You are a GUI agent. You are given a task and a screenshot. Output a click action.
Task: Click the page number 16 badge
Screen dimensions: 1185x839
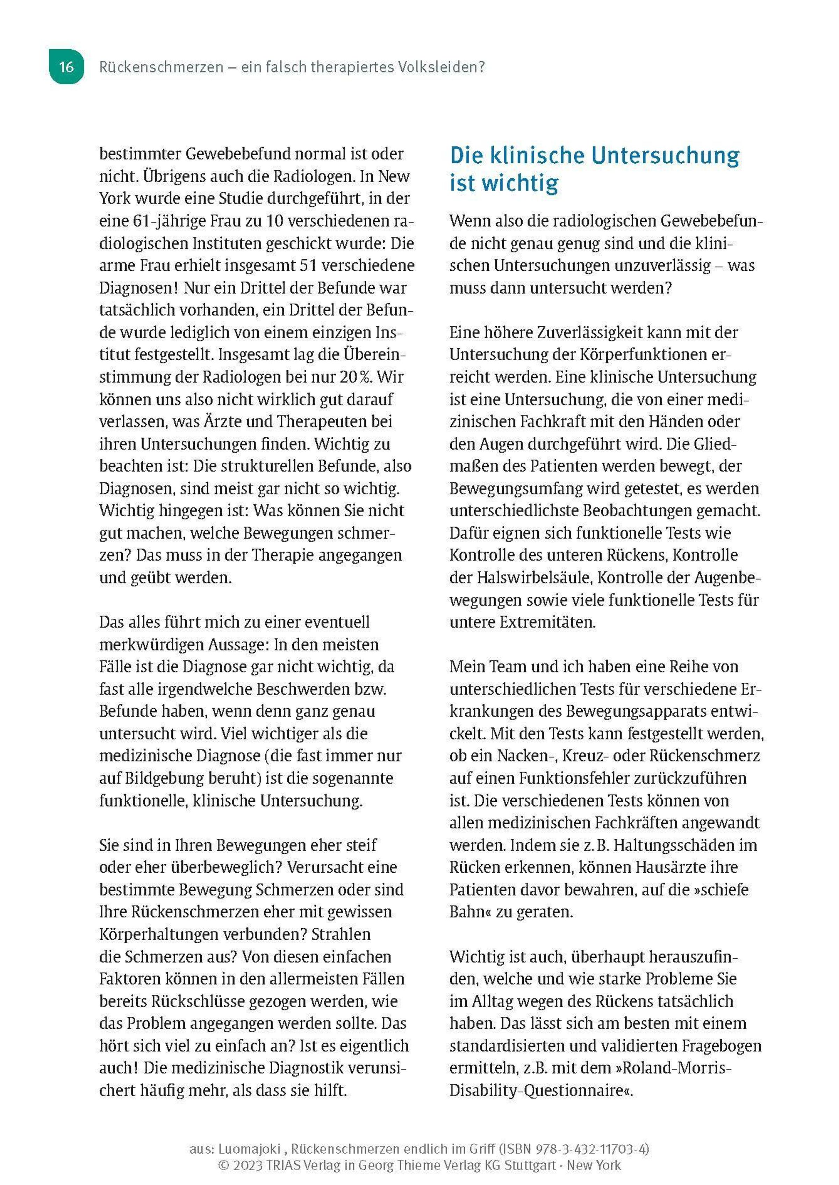[66, 67]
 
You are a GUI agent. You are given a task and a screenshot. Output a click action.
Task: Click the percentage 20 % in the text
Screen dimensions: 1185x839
[355, 377]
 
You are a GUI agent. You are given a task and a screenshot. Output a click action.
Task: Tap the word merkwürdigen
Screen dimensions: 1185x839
[151, 644]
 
